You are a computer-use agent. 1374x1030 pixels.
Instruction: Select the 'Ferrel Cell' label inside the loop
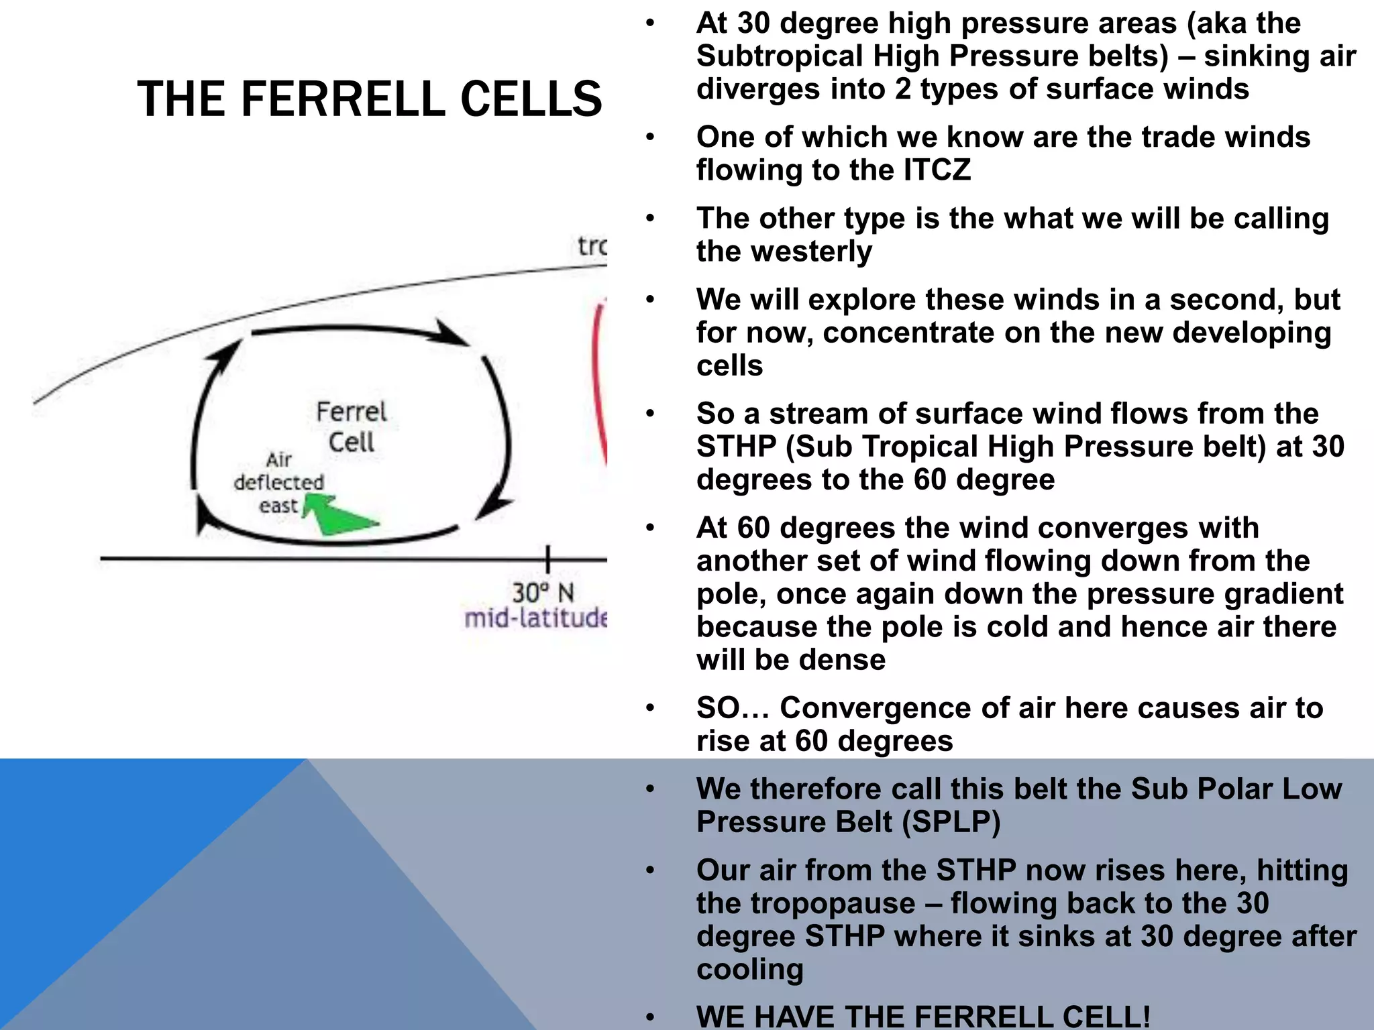click(352, 427)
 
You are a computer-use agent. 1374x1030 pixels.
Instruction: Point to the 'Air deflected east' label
click(278, 482)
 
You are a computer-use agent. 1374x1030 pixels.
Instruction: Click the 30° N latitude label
click(543, 593)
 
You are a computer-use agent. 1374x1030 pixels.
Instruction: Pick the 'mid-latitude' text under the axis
click(535, 618)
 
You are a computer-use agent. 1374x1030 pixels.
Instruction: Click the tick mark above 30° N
click(548, 559)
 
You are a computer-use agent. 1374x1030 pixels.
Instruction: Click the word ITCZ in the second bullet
click(937, 170)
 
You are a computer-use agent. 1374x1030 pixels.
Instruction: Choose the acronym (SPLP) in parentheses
click(951, 822)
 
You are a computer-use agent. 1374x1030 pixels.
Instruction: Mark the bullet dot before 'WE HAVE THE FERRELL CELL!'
click(649, 1017)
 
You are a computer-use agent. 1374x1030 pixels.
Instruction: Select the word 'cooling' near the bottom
click(749, 970)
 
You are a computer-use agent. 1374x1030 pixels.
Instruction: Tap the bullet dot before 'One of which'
click(649, 137)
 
